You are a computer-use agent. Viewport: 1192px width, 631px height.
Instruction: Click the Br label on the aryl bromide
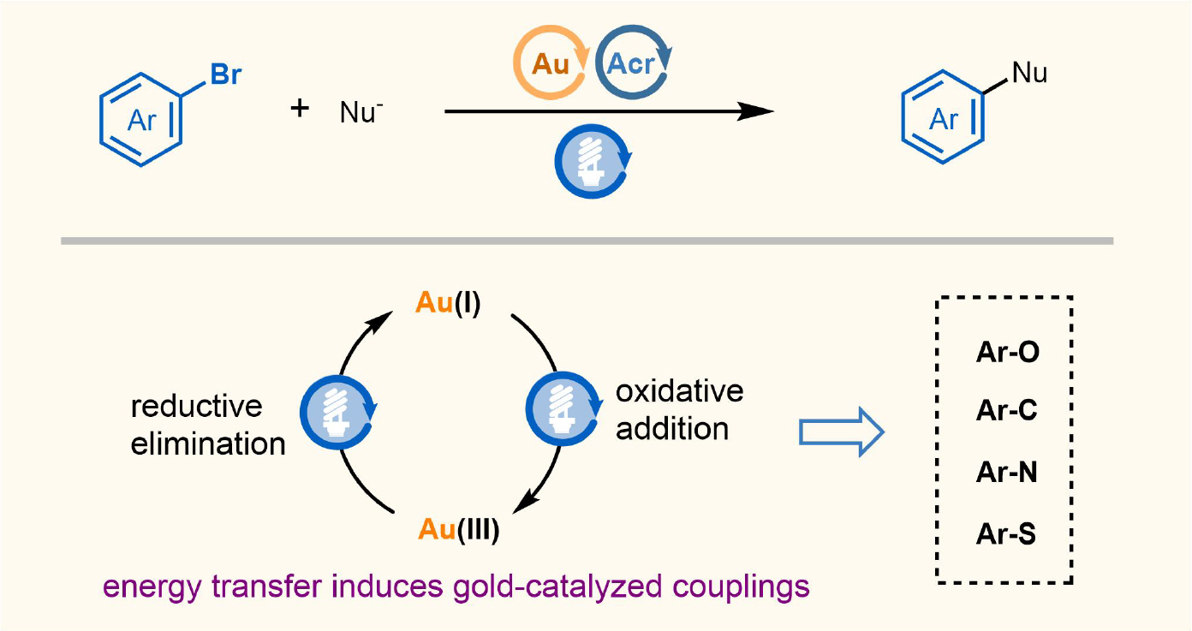click(226, 74)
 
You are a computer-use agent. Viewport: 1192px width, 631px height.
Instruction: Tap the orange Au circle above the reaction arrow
click(549, 65)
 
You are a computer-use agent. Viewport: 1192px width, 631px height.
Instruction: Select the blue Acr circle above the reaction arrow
click(634, 65)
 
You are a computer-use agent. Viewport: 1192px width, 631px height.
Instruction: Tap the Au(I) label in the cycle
click(448, 303)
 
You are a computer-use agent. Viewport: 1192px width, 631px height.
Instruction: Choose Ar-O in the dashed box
click(1007, 352)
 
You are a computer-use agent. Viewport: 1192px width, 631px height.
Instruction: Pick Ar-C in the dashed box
click(1007, 412)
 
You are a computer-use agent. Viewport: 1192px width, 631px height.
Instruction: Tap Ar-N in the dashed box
click(1007, 473)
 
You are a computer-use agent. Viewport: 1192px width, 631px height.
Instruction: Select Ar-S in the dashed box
click(1006, 534)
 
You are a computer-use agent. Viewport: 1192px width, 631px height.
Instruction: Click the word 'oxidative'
click(680, 391)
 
